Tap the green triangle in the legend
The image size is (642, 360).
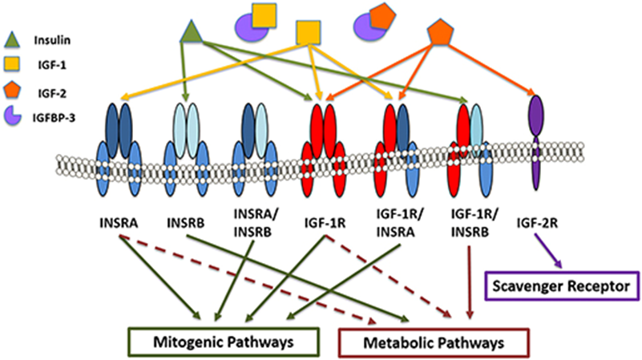[14, 36]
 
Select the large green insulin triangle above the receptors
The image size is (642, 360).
[191, 33]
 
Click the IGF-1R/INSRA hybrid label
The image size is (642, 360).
[394, 222]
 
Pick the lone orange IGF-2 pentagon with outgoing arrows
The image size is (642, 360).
[440, 33]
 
